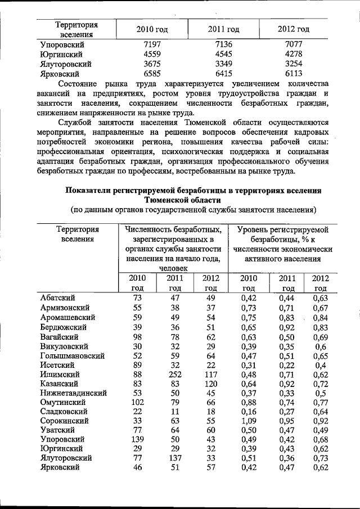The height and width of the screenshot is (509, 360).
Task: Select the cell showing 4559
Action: tap(152, 55)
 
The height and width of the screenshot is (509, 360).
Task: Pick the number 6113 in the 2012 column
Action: tap(294, 74)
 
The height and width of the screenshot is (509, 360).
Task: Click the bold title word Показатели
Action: tap(93, 191)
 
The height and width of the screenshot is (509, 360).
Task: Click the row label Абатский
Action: tap(58, 298)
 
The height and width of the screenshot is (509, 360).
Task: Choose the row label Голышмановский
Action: tap(73, 356)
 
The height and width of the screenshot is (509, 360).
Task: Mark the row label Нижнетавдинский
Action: tap(74, 393)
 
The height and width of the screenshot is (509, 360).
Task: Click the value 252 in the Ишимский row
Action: tap(174, 374)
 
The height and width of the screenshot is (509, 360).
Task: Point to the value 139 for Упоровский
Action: tap(137, 439)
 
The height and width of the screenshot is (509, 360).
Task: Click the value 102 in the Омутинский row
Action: tap(137, 402)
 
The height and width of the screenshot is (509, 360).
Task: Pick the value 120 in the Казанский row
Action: tap(208, 384)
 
